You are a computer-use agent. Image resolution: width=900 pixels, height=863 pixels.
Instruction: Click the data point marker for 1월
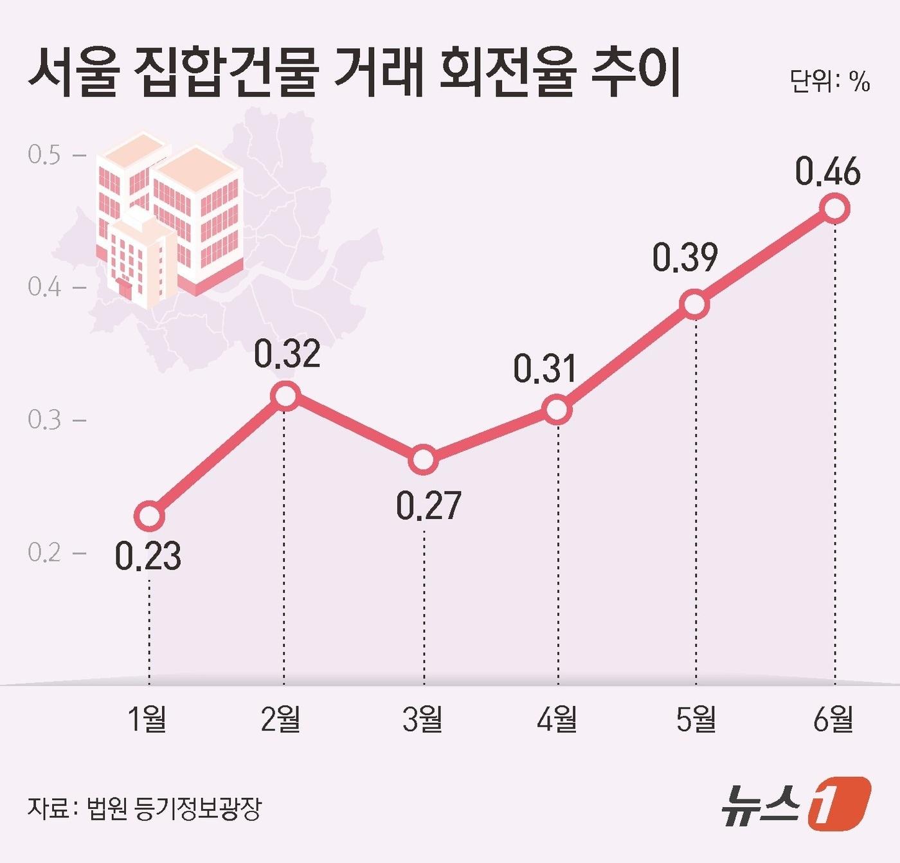click(149, 516)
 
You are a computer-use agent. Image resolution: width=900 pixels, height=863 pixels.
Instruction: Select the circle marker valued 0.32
click(284, 395)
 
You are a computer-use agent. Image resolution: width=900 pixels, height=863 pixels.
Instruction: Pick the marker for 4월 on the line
click(557, 410)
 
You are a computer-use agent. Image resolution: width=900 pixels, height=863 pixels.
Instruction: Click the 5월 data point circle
click(696, 304)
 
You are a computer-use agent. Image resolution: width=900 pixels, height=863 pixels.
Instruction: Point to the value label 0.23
click(148, 557)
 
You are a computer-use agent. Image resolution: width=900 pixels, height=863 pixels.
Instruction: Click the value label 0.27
click(428, 506)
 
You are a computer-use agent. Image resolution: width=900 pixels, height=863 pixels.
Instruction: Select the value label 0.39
click(685, 257)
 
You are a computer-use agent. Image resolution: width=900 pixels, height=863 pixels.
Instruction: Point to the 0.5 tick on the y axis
click(44, 155)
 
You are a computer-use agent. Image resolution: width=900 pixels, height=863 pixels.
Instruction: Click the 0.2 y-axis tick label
click(44, 552)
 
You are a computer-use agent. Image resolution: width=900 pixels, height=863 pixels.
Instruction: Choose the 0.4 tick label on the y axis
click(44, 287)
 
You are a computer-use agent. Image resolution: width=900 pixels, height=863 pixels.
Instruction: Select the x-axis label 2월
click(281, 718)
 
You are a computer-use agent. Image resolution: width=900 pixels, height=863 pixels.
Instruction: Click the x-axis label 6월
click(833, 718)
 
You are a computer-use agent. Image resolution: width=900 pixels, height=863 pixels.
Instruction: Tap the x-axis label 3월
click(422, 718)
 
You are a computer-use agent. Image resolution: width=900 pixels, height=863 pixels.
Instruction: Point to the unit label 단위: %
click(830, 82)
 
